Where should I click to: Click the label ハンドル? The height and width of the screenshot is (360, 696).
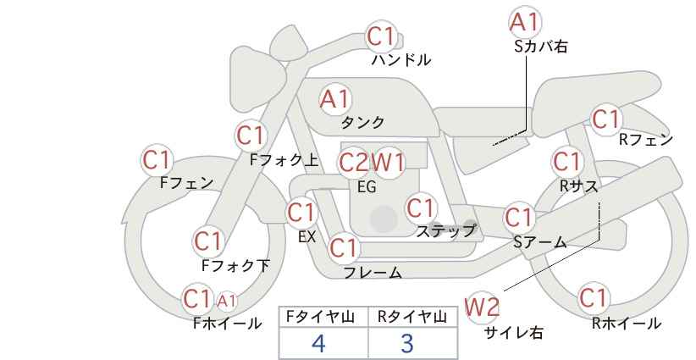pos(401,60)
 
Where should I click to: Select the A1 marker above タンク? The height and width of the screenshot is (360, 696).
pos(334,99)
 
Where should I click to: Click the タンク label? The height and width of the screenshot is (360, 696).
pos(362,122)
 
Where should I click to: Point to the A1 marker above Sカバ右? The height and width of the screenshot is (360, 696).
pos(525,22)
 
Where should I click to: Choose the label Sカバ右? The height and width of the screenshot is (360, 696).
pos(540,47)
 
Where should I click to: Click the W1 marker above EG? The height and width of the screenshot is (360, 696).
pos(388,162)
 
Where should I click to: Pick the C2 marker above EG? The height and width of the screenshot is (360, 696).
pos(354,162)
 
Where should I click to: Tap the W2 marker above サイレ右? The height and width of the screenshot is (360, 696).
pos(483,307)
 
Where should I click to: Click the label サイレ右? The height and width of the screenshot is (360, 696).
pos(513,333)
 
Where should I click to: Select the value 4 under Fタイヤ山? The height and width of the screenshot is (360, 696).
pos(318,344)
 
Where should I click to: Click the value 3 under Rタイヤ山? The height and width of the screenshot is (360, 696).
pos(407,344)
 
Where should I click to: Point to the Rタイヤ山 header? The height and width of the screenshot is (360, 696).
pos(412,318)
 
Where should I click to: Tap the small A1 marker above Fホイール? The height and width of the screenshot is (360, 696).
pos(227,300)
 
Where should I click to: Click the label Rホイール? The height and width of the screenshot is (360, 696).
pos(627,323)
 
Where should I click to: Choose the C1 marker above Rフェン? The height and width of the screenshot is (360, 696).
pos(606,119)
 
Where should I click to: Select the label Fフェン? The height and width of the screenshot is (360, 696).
pos(186,182)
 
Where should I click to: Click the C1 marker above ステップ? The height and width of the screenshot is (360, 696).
pos(421,207)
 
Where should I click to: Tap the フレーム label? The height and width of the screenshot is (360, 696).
pos(373,273)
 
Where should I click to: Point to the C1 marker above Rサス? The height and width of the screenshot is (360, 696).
pos(567,160)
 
